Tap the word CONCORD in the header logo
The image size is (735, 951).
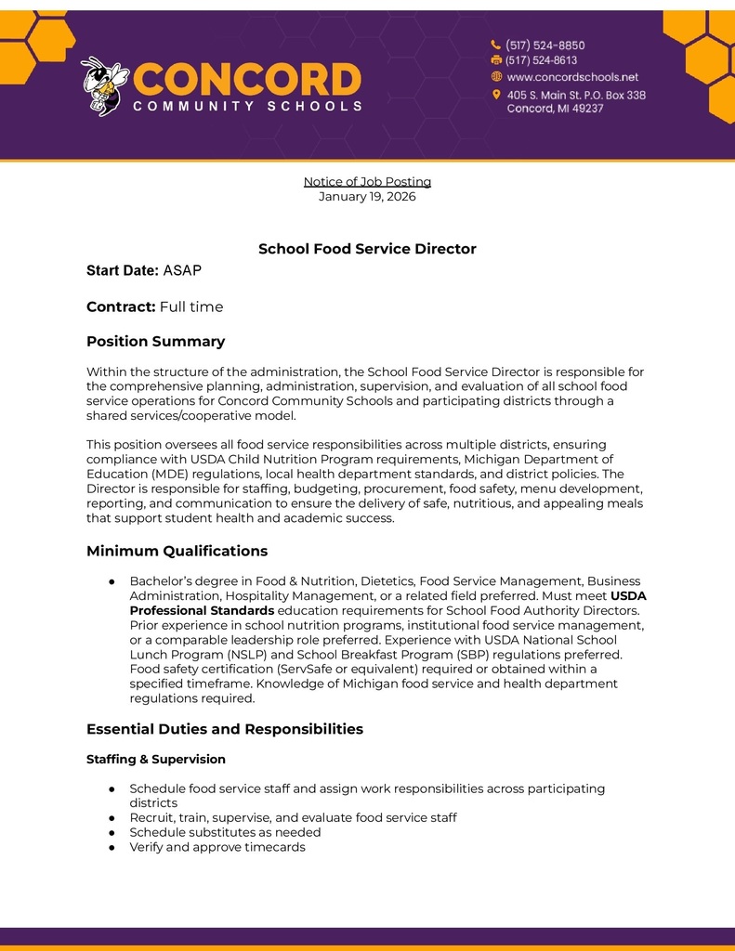click(247, 79)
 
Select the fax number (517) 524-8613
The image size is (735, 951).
click(541, 60)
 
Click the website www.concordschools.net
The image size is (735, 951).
click(572, 77)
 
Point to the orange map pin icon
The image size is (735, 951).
click(496, 95)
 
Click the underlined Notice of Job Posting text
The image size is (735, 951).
click(367, 181)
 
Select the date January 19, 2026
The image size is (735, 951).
click(367, 196)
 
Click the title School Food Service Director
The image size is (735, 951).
click(367, 249)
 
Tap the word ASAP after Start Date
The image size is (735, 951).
click(182, 270)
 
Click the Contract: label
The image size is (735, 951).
click(121, 306)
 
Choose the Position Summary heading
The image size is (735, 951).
click(155, 341)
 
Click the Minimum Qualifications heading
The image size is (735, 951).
click(177, 551)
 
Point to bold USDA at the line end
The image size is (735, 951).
click(628, 595)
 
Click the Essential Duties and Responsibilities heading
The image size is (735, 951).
click(224, 729)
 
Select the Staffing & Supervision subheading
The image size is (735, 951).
click(155, 759)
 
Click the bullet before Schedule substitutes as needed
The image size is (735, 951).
click(112, 832)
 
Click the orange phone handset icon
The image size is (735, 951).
click(496, 45)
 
